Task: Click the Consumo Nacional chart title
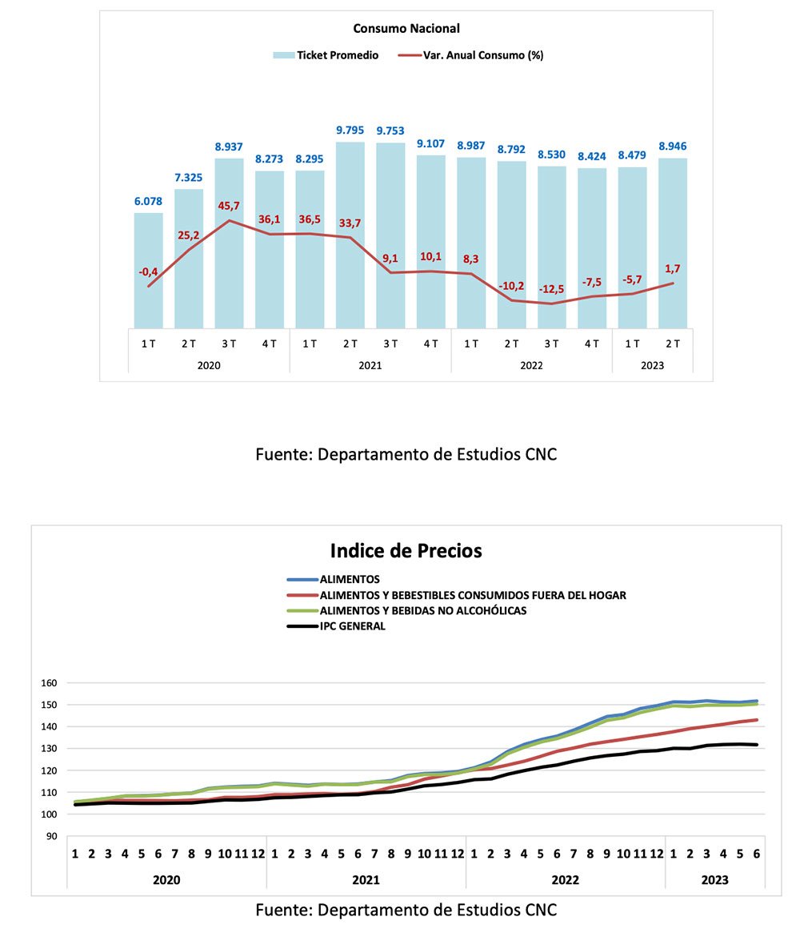coord(406,29)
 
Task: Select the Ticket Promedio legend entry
coord(326,55)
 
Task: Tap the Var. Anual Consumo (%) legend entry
coord(470,55)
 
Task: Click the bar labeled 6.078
coord(148,270)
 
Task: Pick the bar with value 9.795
coord(350,235)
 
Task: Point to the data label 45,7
coord(229,206)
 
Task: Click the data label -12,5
coord(551,289)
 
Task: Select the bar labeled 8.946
coord(673,243)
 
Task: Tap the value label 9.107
coord(431,143)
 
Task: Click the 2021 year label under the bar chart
coord(370,365)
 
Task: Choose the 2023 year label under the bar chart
coord(652,365)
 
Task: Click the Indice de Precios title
coord(406,550)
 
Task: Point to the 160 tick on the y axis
coord(49,683)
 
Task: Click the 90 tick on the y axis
coord(52,836)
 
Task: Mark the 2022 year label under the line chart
coord(565,879)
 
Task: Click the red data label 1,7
coord(672,269)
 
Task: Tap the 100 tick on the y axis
coord(49,814)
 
